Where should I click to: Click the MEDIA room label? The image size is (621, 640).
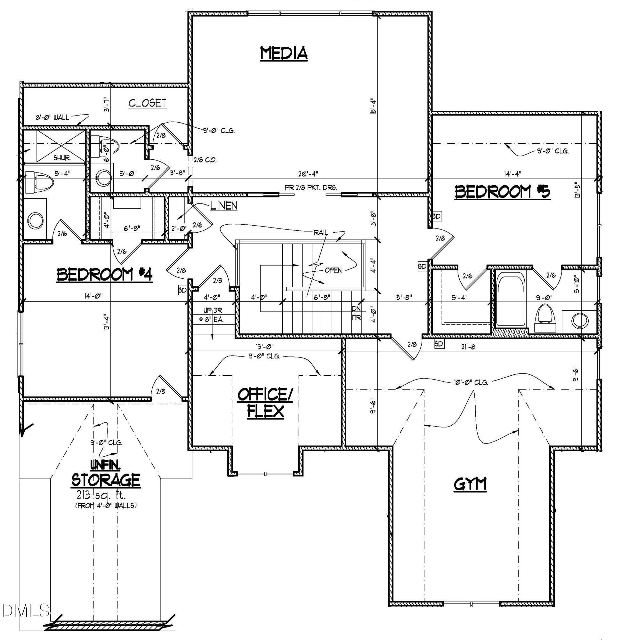[284, 53]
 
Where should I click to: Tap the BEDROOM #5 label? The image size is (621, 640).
[503, 192]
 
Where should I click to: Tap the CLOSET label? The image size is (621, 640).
[147, 103]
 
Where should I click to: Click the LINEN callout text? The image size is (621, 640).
[224, 206]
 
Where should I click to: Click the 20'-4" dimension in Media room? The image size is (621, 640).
[308, 173]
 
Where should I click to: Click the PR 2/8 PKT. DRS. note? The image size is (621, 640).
[310, 188]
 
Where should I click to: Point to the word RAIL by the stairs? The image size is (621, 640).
[320, 233]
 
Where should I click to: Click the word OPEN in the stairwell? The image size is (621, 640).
[333, 270]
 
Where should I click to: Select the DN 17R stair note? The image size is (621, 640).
[356, 313]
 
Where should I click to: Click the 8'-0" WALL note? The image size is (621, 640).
[52, 117]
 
